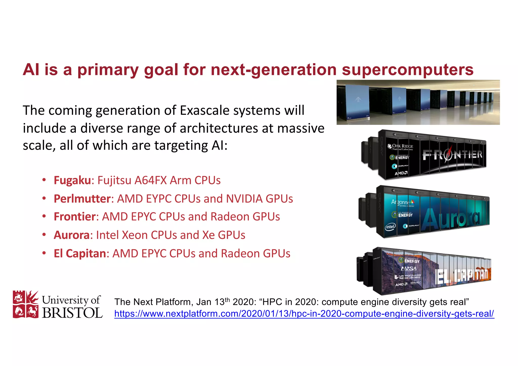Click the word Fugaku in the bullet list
72,180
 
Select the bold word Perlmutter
82,199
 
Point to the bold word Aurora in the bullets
72,235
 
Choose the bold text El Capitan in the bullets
80,254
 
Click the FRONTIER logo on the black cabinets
452,155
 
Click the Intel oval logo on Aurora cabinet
390,226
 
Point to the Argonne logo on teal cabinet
402,202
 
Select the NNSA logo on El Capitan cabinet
409,268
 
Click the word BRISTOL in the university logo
72,313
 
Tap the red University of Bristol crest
26,304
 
